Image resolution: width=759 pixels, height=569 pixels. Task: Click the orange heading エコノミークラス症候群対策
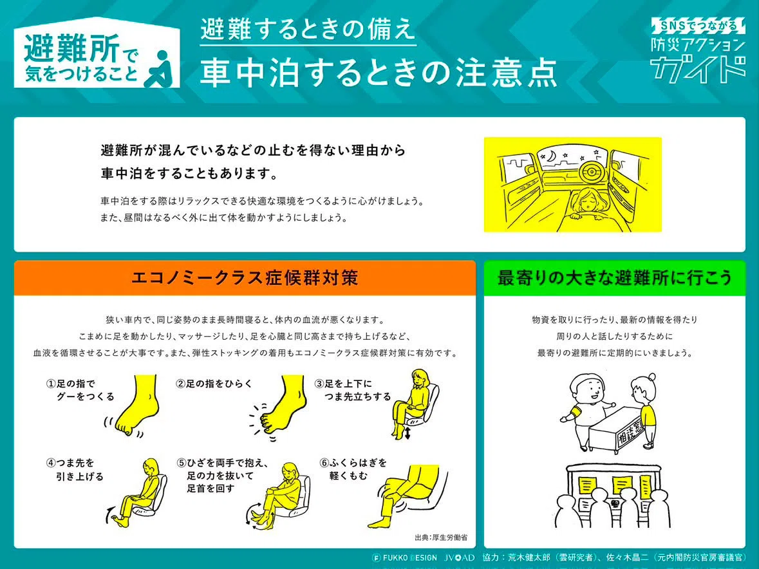(245, 278)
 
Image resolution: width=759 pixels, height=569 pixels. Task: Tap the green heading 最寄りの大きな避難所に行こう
(614, 278)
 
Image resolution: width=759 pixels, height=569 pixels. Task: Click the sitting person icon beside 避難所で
(159, 69)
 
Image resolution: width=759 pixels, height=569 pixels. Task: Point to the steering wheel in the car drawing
(592, 172)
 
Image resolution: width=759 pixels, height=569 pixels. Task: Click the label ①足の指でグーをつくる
(80, 390)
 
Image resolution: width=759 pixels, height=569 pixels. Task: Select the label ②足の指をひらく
(214, 384)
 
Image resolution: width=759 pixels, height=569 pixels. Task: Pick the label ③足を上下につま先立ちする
(352, 390)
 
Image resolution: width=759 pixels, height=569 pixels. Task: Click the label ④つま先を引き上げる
(75, 469)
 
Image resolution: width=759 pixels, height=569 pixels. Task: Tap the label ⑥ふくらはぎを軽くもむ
(353, 469)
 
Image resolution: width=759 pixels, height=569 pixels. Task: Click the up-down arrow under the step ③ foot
(408, 433)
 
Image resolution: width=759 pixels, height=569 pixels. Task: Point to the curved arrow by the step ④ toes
(109, 514)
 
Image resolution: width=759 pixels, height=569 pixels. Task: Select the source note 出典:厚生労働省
(441, 537)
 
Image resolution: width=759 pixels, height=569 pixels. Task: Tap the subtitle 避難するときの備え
(308, 29)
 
